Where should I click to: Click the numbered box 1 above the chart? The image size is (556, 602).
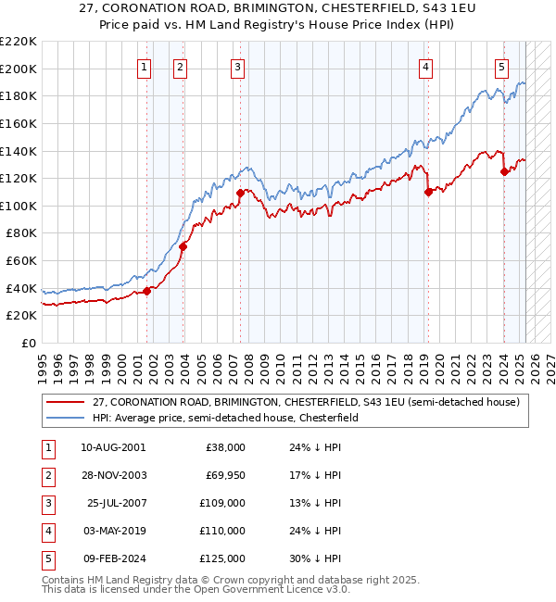pos(145,67)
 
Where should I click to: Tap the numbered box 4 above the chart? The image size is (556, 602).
pos(425,67)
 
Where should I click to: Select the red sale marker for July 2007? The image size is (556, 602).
pos(240,193)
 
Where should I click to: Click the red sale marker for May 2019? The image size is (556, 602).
pos(428,192)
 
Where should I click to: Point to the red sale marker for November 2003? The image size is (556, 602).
pos(183,246)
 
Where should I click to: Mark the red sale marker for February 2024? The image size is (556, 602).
pos(503,171)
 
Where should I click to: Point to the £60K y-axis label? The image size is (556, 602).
pos(21,260)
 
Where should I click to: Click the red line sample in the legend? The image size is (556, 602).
pos(65,402)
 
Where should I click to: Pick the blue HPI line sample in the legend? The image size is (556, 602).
pos(65,418)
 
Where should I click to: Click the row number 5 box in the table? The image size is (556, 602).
pos(46,558)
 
